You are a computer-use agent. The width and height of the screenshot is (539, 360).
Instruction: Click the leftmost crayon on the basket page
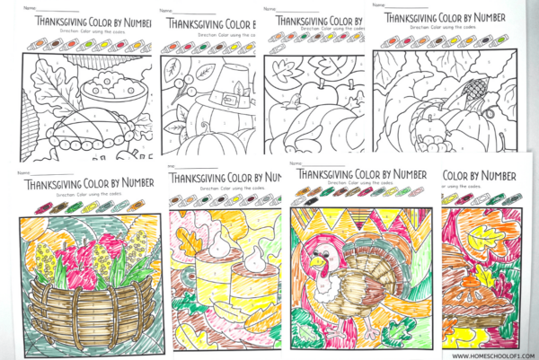click(x=38, y=206)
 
